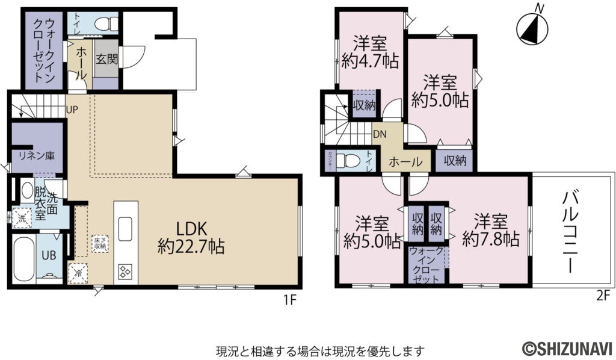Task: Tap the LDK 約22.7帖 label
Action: coord(191,237)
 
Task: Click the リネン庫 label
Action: coord(36,155)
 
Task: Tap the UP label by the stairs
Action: coord(72,110)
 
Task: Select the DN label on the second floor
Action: coord(379,134)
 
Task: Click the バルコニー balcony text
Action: coord(571,232)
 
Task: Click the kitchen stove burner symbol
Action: coord(126,272)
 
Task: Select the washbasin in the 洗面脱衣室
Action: coord(28,191)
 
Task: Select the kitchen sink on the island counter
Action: coord(126,228)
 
